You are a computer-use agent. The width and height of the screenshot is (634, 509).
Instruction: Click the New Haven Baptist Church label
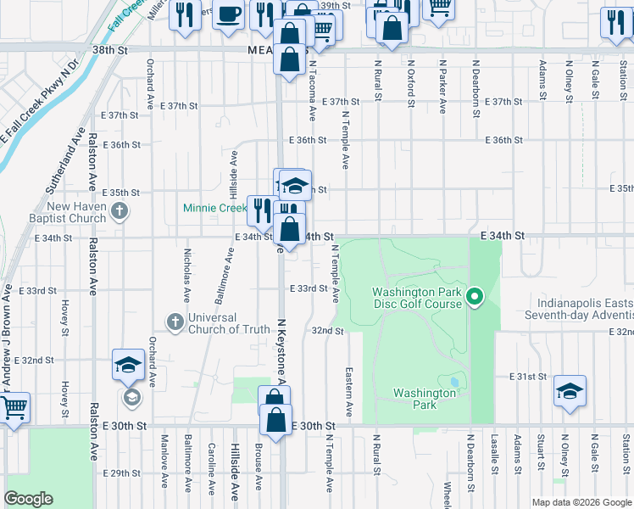tap(76, 212)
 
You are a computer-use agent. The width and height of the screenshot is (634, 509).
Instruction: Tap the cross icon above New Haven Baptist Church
tap(120, 210)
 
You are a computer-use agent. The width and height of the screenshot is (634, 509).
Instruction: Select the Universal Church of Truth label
tap(228, 323)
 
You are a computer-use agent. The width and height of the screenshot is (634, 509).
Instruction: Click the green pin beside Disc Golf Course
tap(475, 297)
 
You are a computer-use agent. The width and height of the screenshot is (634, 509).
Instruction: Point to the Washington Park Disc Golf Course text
tap(417, 299)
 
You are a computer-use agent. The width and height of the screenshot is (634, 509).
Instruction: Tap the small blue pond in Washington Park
tap(454, 383)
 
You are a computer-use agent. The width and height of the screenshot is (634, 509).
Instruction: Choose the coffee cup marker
tap(228, 15)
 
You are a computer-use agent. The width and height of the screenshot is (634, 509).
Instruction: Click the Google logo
tap(28, 499)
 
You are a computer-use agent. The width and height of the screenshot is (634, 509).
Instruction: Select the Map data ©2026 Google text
tap(580, 502)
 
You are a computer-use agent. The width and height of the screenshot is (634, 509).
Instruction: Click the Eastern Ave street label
tap(348, 392)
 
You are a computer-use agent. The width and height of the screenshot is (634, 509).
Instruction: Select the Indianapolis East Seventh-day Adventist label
tap(585, 310)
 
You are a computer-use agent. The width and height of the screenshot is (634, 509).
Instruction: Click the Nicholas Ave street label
tap(186, 274)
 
